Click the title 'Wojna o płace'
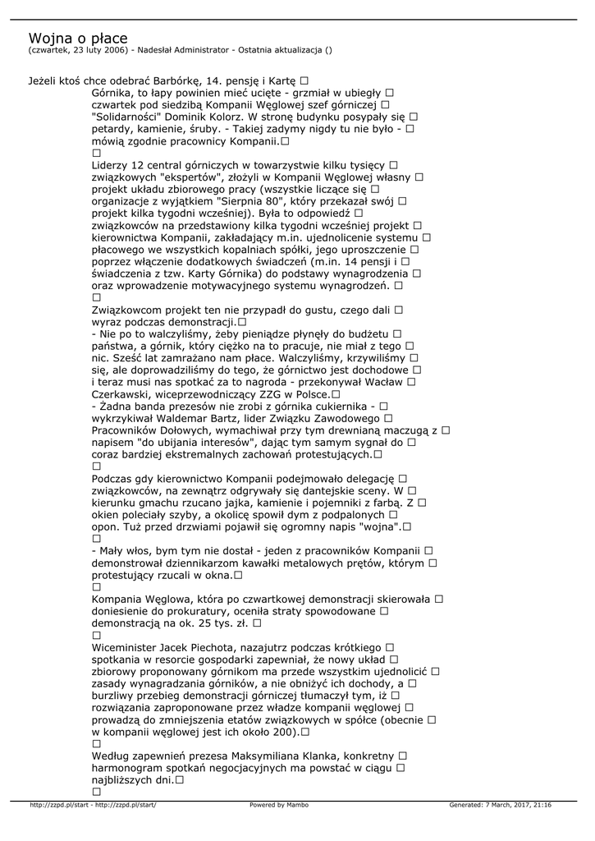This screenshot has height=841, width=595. tap(78, 39)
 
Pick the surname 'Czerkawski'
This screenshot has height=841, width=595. tap(124, 394)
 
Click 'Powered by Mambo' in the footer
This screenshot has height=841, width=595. tap(279, 805)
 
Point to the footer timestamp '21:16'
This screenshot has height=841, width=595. tap(542, 805)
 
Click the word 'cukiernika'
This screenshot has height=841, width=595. tap(336, 406)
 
